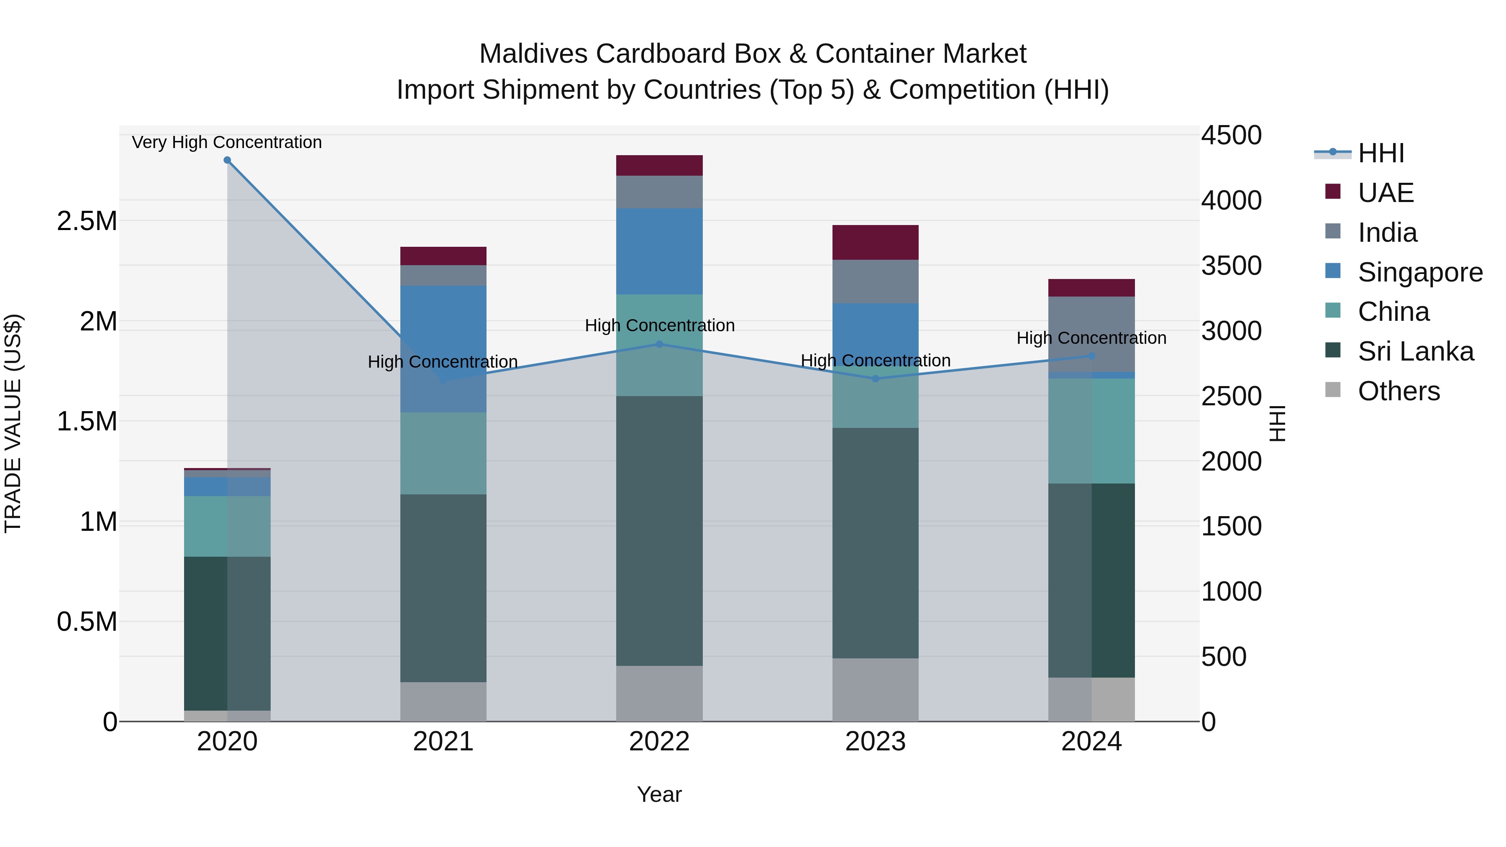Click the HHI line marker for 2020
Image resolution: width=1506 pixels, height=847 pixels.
coord(228,160)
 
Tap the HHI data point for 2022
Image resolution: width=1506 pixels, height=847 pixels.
coord(659,344)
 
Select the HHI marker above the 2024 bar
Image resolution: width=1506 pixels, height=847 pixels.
coord(1091,356)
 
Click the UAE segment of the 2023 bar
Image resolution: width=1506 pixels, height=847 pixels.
coord(875,243)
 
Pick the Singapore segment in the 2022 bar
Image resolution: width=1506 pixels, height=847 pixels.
coord(659,251)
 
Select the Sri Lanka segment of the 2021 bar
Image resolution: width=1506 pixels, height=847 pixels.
coord(443,588)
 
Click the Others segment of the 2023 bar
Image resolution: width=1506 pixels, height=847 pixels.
coord(875,690)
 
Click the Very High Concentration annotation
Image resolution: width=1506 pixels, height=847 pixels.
coord(227,143)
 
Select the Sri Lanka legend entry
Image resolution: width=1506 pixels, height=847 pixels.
coord(1415,352)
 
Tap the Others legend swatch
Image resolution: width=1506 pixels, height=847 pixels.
coord(1333,390)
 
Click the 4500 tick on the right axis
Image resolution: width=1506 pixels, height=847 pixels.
coord(1231,136)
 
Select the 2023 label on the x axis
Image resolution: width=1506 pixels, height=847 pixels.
coord(875,742)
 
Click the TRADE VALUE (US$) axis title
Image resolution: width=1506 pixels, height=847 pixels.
coord(13,423)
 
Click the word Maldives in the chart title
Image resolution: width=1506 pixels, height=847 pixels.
coord(533,54)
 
